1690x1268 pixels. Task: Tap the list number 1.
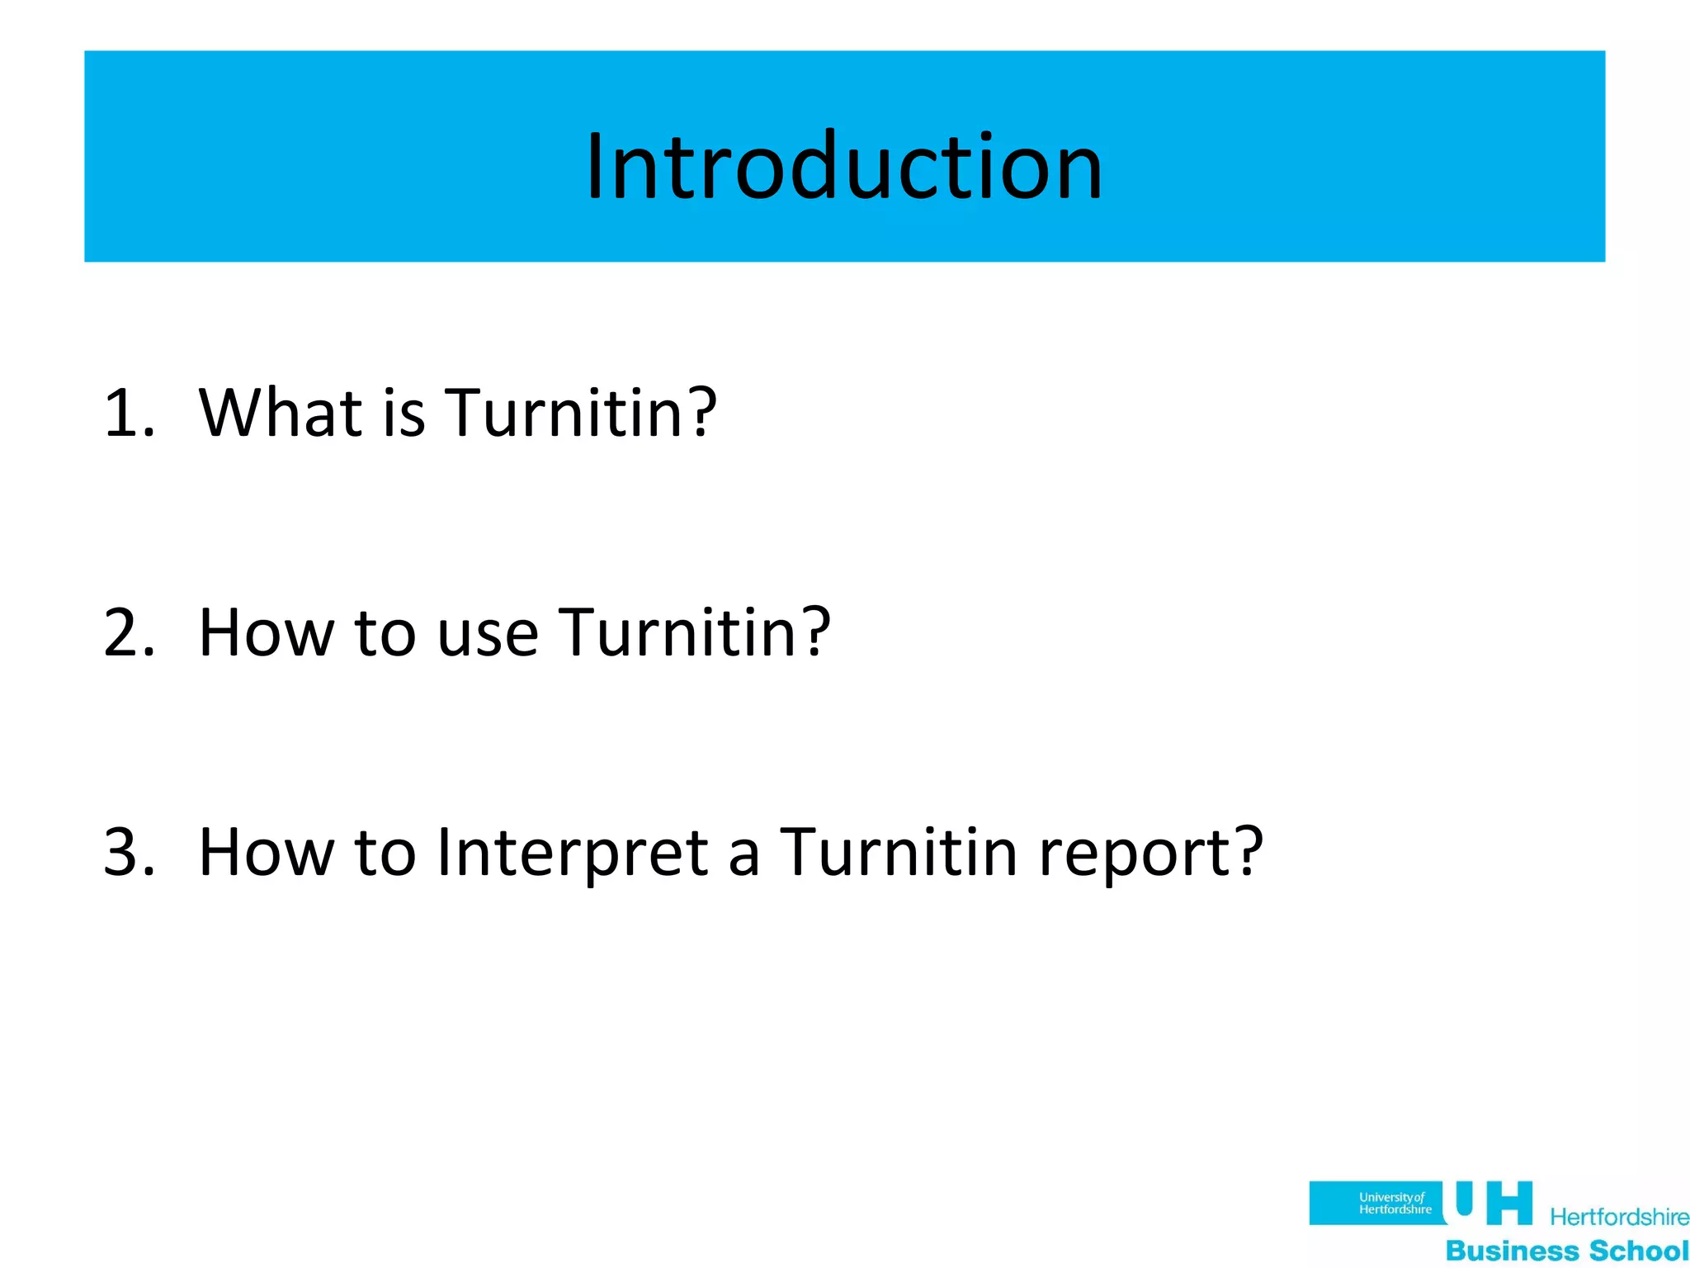[x=128, y=412]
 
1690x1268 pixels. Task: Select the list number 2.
[x=129, y=632]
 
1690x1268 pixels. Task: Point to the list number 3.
[x=129, y=852]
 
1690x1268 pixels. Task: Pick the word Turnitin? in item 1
[x=581, y=412]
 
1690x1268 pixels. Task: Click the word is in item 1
[x=404, y=412]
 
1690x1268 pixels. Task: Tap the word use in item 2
[x=487, y=632]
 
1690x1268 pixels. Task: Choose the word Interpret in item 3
[x=572, y=852]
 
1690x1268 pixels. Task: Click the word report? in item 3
[x=1151, y=852]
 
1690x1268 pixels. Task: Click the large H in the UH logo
[x=1508, y=1203]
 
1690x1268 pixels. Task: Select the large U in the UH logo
[x=1464, y=1199]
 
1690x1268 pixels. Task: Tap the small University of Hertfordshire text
[x=1395, y=1203]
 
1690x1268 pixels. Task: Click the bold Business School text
[x=1567, y=1250]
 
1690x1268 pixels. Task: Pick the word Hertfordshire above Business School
[x=1619, y=1217]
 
